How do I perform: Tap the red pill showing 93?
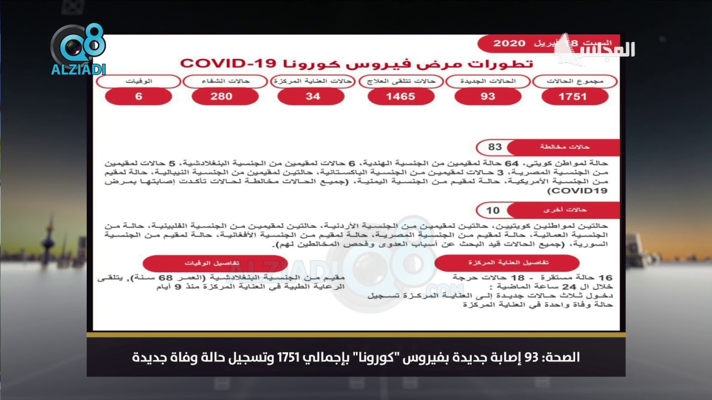coord(488,97)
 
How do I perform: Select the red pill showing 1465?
coord(400,97)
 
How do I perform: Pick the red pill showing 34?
coord(313,97)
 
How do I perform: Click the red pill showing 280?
coord(225,97)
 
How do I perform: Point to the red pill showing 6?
coord(139,97)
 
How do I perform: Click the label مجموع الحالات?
coord(575,82)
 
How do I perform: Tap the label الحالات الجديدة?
coord(488,82)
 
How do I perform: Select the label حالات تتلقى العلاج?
coord(400,82)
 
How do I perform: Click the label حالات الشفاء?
coord(225,82)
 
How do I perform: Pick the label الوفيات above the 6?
coord(139,82)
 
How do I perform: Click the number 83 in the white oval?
coord(495,147)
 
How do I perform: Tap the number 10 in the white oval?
coord(493,210)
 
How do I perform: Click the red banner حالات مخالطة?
coord(564,147)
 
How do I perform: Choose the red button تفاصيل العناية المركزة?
coord(506,263)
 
